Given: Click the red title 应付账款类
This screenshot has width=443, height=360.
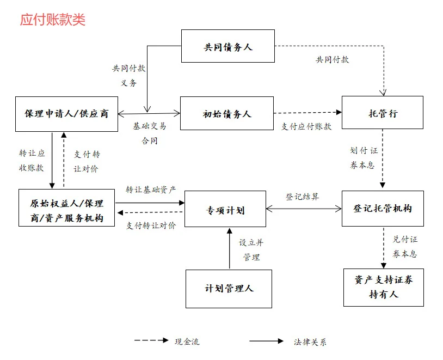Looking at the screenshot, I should pyautogui.click(x=53, y=20).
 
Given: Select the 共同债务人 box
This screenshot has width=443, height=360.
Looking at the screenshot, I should pyautogui.click(x=227, y=46).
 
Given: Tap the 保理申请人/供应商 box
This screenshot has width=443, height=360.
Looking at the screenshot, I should pyautogui.click(x=66, y=114).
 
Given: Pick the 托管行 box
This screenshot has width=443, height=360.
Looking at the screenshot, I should pyautogui.click(x=382, y=113).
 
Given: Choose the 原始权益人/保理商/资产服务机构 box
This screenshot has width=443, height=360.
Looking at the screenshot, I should pyautogui.click(x=66, y=211).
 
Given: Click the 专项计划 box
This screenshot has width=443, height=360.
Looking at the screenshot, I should pyautogui.click(x=225, y=209).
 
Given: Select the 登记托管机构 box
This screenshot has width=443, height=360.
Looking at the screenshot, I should pyautogui.click(x=383, y=209).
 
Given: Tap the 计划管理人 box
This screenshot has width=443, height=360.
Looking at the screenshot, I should pyautogui.click(x=229, y=288).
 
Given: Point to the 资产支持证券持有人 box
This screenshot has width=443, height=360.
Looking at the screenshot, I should pyautogui.click(x=383, y=286).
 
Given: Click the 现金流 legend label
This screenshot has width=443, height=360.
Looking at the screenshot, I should pyautogui.click(x=187, y=342).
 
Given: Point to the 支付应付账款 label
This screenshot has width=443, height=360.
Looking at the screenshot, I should pyautogui.click(x=306, y=126).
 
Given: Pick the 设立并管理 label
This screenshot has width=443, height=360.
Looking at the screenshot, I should pyautogui.click(x=251, y=249).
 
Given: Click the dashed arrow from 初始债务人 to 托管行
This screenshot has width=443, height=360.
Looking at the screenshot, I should pyautogui.click(x=307, y=113).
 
